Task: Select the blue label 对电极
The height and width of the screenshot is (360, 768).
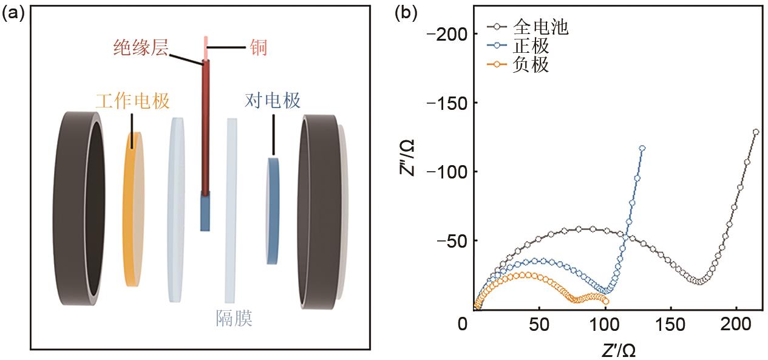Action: pos(273,100)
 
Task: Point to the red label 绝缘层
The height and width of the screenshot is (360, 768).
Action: pos(141,47)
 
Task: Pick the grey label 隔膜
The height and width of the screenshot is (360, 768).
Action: pos(234,318)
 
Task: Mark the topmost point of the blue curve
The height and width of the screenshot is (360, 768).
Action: pos(642,148)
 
